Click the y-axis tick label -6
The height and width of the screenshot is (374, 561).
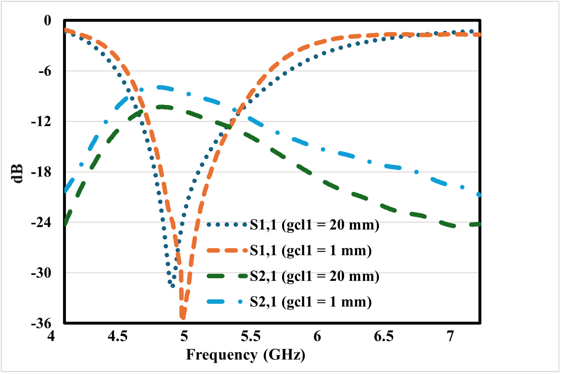[x=45, y=71]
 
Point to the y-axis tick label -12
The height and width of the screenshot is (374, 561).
[x=41, y=122]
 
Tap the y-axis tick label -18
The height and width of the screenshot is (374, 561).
[x=41, y=172]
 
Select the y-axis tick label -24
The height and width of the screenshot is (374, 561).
[x=41, y=222]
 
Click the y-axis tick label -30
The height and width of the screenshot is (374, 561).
[x=41, y=273]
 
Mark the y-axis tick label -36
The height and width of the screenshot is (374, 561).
[x=41, y=323]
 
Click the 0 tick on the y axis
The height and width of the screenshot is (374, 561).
[x=47, y=21]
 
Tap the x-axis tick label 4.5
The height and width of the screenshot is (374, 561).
[x=117, y=336]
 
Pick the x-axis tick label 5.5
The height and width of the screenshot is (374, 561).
[x=250, y=336]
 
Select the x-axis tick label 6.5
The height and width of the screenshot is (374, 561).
[x=384, y=336]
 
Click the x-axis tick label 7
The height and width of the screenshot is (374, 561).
[x=450, y=336]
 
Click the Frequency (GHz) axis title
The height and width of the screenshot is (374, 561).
[x=245, y=355]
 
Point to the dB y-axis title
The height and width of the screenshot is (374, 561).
[x=17, y=173]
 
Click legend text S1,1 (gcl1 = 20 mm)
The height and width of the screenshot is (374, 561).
[x=314, y=225]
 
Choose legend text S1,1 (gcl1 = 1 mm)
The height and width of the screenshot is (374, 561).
[x=311, y=250]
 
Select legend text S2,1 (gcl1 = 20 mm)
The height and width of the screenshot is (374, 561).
[x=314, y=276]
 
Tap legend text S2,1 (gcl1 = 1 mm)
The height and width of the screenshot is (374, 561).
[x=311, y=302]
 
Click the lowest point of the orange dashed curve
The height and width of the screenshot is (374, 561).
[x=183, y=317]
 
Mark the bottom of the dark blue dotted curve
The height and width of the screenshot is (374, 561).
[x=173, y=286]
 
